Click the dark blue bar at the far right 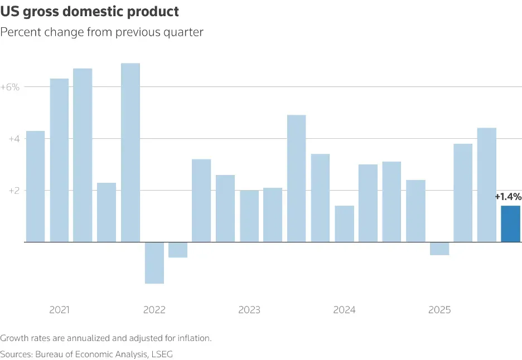coord(510,224)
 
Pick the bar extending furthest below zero coord(154,262)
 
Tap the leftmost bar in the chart coord(35,186)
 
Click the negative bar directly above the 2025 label coord(439,249)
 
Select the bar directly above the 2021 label coord(59,160)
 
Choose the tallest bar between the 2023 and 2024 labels coord(296,178)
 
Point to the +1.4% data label coord(507,197)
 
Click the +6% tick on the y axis coord(10,87)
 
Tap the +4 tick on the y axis coord(13,139)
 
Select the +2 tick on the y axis coord(13,191)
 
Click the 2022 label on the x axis coord(154,310)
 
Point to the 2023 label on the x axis coord(249,310)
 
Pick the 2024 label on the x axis coord(344,310)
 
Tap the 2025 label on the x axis coord(439,310)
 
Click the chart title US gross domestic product coord(90,11)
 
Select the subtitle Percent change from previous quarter coord(101,32)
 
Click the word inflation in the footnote coord(194,338)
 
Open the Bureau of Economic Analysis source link coord(91,354)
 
